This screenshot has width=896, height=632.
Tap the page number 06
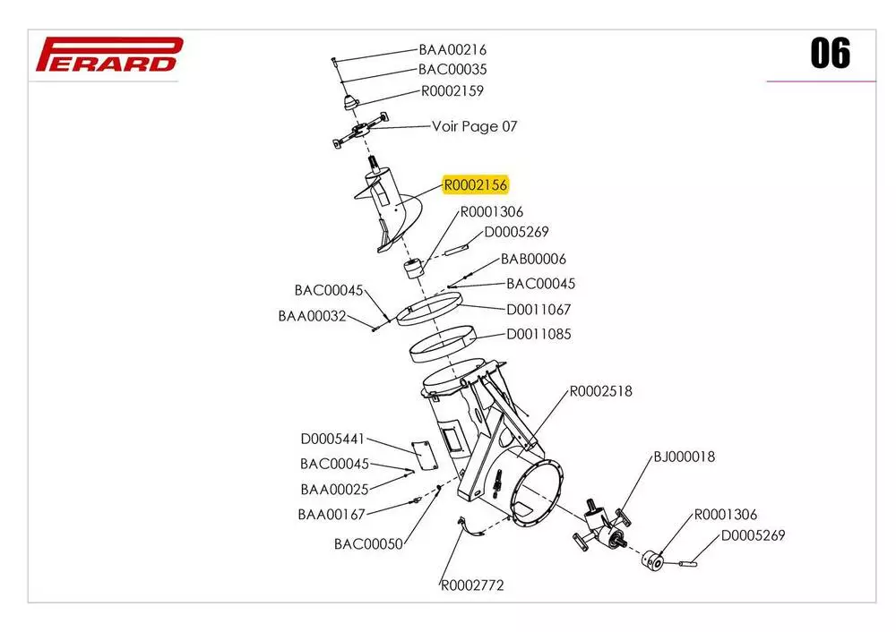[x=830, y=54]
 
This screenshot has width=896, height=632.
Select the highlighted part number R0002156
[x=476, y=185]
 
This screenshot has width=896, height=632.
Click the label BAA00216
[x=452, y=50]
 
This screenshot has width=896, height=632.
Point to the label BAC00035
[x=452, y=69]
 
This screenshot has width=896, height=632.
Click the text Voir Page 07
[x=474, y=126]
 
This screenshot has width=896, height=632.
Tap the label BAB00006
[x=533, y=260]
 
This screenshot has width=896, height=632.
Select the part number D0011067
[x=538, y=310]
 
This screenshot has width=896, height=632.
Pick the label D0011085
[x=538, y=334]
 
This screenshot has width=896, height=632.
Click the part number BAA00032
[x=312, y=315]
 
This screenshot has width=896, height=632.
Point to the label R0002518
[x=601, y=391]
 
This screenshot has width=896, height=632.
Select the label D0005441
[x=332, y=439]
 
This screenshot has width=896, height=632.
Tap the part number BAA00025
[x=334, y=489]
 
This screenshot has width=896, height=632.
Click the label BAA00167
[x=332, y=514]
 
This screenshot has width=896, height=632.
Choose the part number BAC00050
[x=368, y=543]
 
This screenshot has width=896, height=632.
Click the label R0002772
[x=472, y=585]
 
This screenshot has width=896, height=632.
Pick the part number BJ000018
[x=685, y=457]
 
